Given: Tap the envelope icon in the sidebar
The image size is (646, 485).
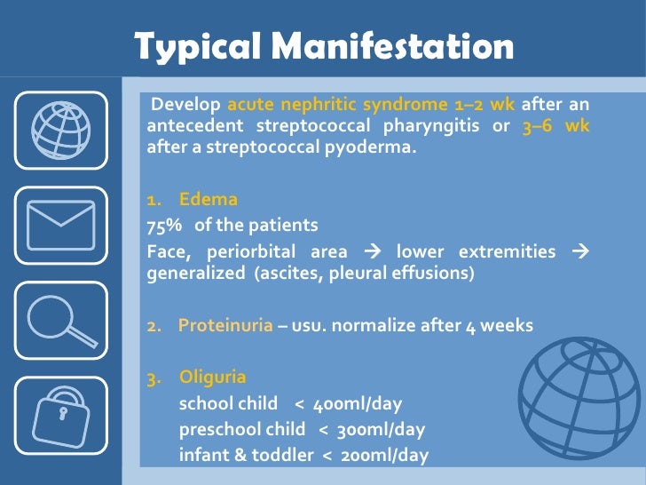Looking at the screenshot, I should (x=61, y=226).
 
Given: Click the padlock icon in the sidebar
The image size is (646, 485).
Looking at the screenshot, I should (x=61, y=412).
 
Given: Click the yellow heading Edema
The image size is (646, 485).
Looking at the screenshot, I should (x=209, y=200).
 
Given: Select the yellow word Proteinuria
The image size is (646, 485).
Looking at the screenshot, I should (x=225, y=325).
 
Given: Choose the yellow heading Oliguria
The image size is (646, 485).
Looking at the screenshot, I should (x=213, y=377).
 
